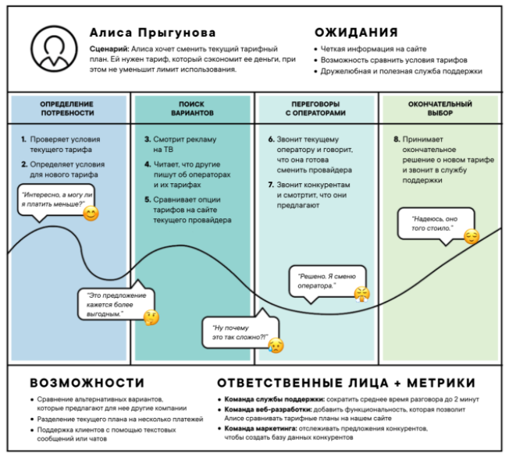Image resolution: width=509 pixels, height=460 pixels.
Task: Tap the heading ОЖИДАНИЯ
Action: [355, 33]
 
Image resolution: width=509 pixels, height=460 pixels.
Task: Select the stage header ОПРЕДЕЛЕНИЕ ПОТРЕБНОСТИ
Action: [66, 108]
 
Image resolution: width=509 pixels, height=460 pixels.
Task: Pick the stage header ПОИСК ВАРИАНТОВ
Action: [191, 108]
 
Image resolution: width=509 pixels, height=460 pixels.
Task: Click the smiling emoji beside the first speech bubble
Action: [91, 213]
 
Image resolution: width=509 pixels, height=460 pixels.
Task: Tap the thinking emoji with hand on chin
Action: [151, 317]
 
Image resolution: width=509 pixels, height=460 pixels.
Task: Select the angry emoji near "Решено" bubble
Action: [361, 294]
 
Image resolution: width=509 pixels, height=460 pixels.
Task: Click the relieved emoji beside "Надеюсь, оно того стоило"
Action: [470, 236]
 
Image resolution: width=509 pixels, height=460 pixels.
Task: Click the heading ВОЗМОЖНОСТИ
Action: [87, 383]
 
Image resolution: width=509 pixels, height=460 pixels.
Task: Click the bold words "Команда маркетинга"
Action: [258, 428]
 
